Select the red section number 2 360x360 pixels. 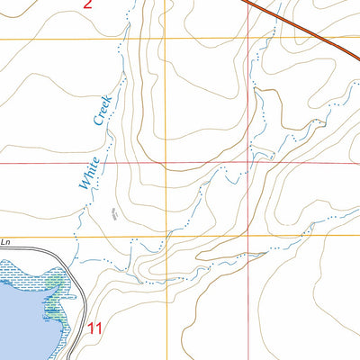pyautogui.click(x=86, y=4)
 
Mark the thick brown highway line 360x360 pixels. pyautogui.click(x=306, y=27)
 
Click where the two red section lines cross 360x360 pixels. pyautogui.click(x=249, y=164)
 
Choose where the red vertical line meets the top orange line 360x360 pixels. pyautogui.click(x=249, y=39)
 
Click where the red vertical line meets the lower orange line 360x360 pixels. pyautogui.click(x=249, y=237)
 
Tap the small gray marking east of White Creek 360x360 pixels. pyautogui.click(x=113, y=213)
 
